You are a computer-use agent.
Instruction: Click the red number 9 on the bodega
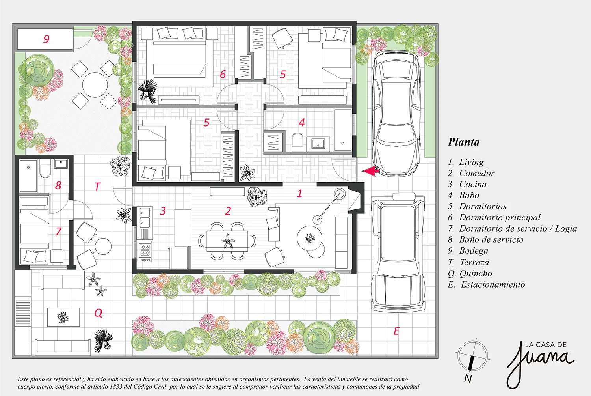46,39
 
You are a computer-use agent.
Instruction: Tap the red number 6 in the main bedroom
223,74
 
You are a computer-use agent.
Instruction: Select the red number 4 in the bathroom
302,122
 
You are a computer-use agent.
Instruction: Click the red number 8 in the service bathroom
58,185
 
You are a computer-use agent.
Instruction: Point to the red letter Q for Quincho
98,313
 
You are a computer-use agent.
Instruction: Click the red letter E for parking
396,331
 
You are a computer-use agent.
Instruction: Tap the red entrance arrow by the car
370,171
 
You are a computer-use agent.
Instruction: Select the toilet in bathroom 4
297,142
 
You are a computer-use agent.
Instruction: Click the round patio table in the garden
95,85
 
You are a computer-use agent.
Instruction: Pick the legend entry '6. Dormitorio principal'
494,217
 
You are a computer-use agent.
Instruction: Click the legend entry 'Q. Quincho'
470,273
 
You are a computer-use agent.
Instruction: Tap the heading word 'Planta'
464,142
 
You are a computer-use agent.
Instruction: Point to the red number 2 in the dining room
228,211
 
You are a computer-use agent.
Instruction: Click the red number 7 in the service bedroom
59,232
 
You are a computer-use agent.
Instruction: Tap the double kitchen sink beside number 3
145,217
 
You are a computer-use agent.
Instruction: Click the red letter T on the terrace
98,186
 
